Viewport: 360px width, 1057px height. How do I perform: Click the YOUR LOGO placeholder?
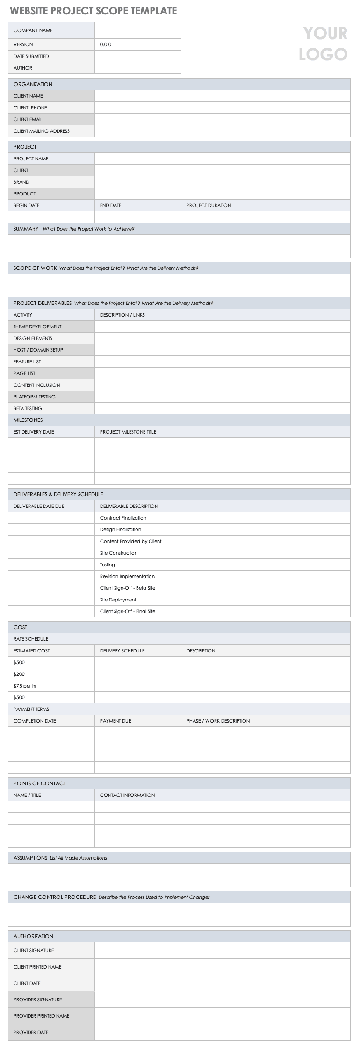tap(323, 43)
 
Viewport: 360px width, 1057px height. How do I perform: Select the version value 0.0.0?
tap(106, 44)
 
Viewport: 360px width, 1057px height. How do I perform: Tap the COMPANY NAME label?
tap(33, 30)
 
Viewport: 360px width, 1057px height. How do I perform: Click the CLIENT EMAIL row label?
tap(28, 119)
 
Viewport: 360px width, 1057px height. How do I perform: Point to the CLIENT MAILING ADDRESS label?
tap(42, 131)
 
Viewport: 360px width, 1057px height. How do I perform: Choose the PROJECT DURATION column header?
tap(209, 205)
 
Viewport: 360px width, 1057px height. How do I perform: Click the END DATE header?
tap(110, 205)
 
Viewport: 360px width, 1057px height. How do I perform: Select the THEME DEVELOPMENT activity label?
tap(37, 326)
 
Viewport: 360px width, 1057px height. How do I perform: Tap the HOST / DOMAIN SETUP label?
tap(38, 350)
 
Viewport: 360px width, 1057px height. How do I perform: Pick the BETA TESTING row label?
tap(28, 408)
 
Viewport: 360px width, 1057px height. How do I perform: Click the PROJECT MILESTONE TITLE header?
tap(128, 432)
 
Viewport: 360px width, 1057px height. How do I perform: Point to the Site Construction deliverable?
tap(119, 553)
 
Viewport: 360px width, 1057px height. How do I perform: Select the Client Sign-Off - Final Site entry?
tap(128, 611)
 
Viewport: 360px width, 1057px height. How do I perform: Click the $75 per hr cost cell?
tap(25, 686)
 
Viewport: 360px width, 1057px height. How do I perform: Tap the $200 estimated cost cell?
tap(19, 674)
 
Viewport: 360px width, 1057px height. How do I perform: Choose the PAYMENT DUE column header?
tap(115, 721)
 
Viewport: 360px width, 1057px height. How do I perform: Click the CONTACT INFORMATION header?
tap(127, 795)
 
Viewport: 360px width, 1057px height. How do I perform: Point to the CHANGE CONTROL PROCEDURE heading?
tap(55, 897)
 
